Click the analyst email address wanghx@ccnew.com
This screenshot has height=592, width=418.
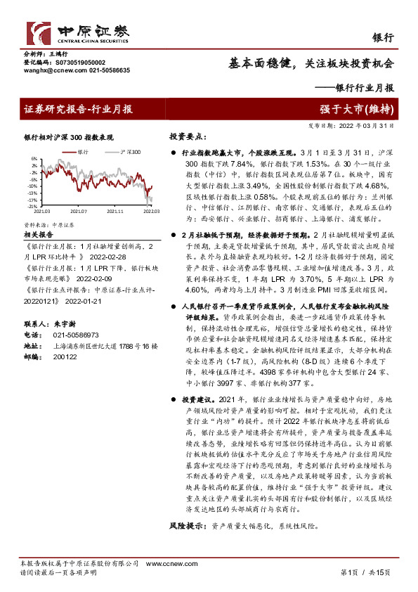(46, 71)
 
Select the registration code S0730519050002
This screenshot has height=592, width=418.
(76, 63)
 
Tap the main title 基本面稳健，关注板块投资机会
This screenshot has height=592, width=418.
(311, 63)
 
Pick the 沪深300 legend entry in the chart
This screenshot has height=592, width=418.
(129, 151)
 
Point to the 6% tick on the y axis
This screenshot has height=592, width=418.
(33, 159)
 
